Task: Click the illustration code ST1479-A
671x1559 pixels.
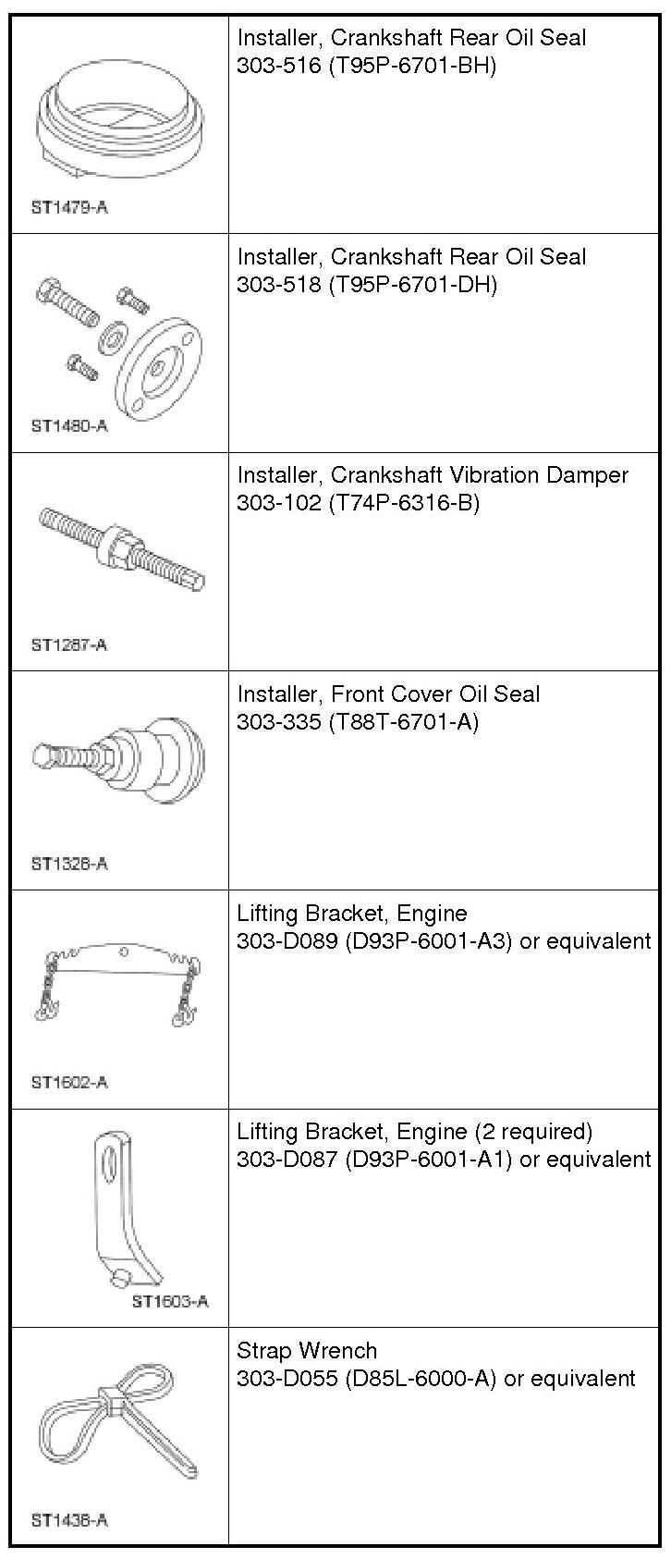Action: [x=69, y=207]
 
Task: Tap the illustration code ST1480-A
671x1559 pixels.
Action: [x=69, y=426]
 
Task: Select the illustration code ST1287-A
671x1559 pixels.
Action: [x=69, y=644]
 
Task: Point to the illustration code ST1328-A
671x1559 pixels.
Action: [x=69, y=864]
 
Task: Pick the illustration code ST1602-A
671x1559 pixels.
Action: [x=69, y=1082]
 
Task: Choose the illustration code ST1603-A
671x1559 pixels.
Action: [x=170, y=1301]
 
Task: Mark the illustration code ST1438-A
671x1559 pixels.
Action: [x=69, y=1519]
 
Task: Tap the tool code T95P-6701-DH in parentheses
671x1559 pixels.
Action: [x=413, y=285]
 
